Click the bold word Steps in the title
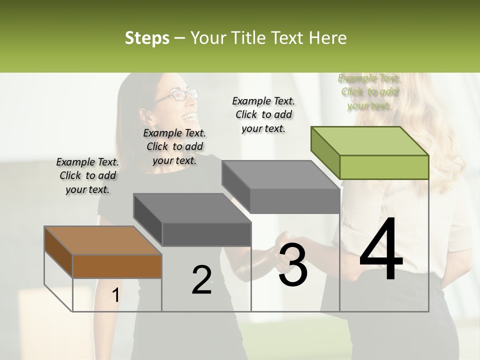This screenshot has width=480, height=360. (x=147, y=38)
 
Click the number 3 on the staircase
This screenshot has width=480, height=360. (x=293, y=265)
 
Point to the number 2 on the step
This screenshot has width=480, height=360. (x=201, y=280)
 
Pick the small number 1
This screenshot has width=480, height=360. (x=115, y=295)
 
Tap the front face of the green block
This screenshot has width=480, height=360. (x=384, y=167)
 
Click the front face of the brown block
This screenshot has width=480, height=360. (x=117, y=266)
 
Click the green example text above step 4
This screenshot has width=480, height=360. (x=369, y=92)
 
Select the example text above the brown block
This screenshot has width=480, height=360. (x=87, y=175)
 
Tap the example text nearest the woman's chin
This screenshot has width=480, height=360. (x=174, y=146)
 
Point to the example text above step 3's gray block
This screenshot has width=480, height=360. (x=263, y=114)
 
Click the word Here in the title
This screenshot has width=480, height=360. (x=329, y=38)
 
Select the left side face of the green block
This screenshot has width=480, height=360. (x=325, y=150)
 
